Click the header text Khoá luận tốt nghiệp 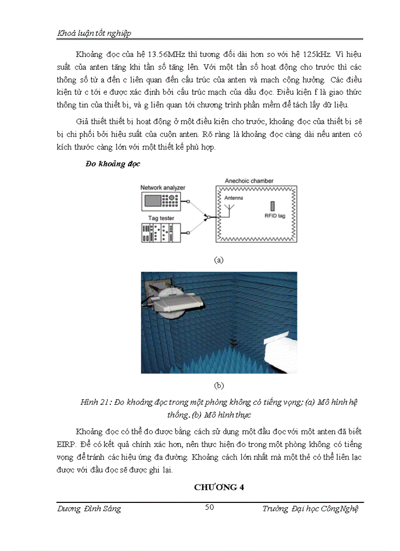coord(94,33)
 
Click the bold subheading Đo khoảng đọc coord(113,164)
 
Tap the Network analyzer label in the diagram coord(163,188)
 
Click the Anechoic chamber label coord(249,181)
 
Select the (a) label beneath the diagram coord(219,260)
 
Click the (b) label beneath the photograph coord(219,385)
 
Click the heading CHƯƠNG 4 coord(219,487)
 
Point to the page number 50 coord(209,507)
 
